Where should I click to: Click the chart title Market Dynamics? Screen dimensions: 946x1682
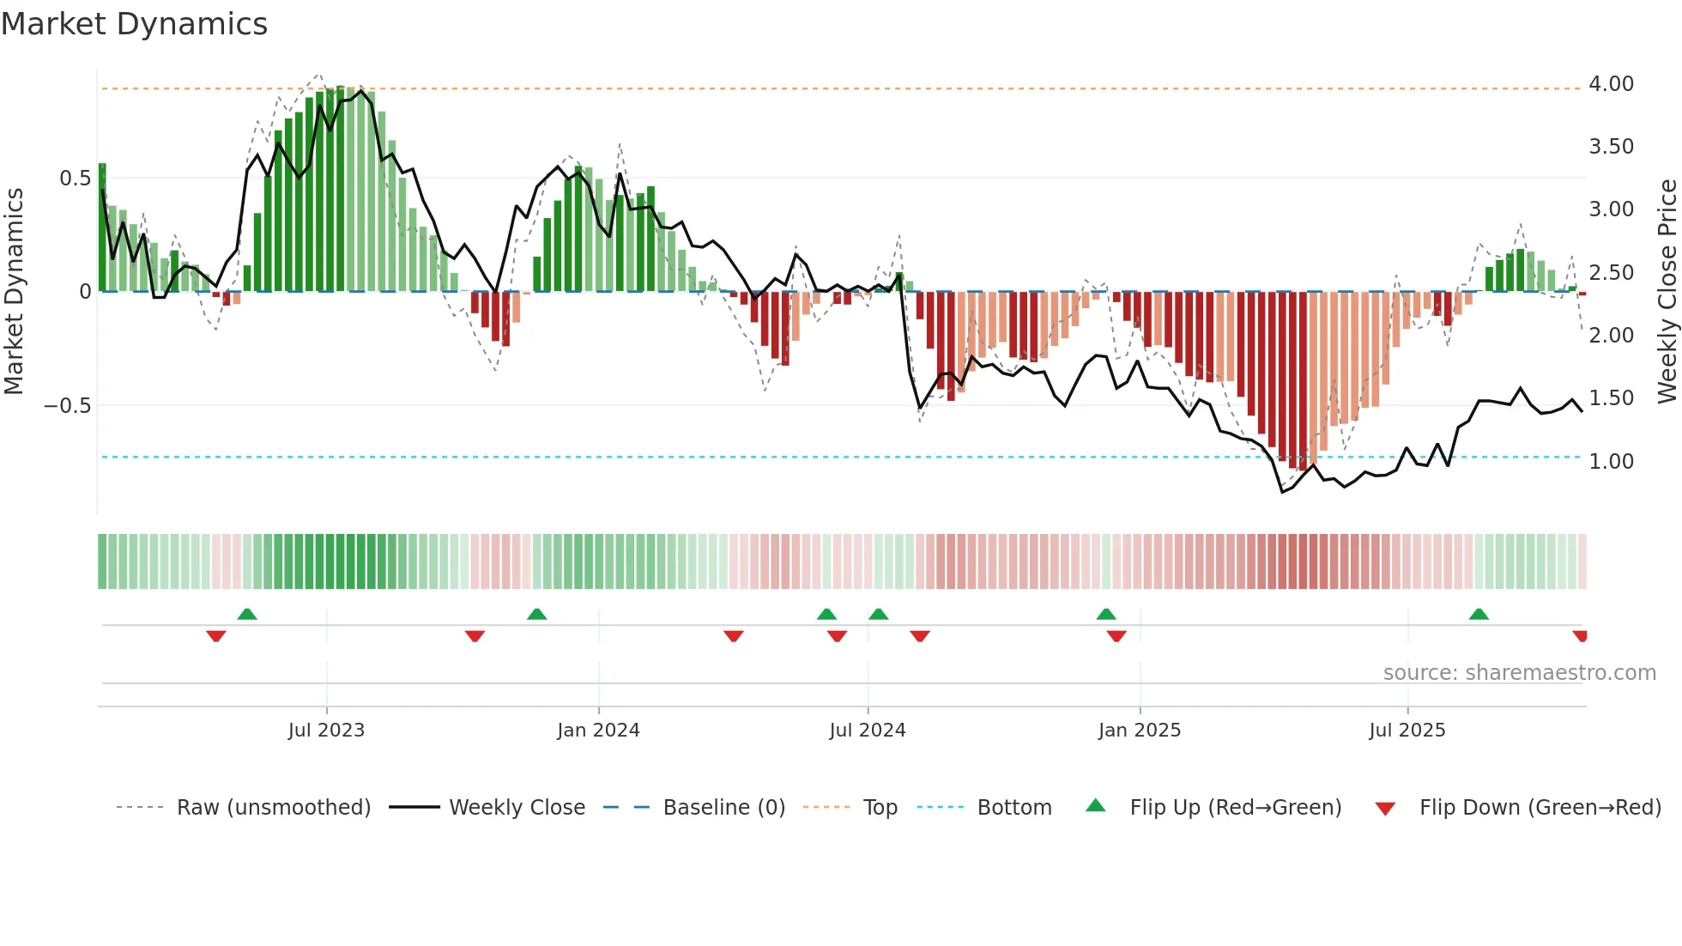click(x=134, y=24)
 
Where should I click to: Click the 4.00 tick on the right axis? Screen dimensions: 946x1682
click(x=1611, y=84)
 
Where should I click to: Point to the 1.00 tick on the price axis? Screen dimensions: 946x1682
click(x=1611, y=462)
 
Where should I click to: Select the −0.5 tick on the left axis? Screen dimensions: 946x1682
click(x=67, y=405)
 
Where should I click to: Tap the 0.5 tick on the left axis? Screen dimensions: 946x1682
click(x=75, y=179)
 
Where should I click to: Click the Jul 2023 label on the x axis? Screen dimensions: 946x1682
click(x=326, y=731)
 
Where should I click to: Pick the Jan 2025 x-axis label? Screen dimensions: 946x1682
click(x=1139, y=731)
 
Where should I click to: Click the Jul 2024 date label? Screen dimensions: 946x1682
click(x=867, y=731)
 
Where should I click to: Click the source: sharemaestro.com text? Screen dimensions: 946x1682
click(x=1519, y=673)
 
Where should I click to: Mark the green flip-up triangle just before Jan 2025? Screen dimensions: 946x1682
click(x=1106, y=614)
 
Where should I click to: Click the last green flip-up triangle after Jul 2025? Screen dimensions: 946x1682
click(x=1478, y=614)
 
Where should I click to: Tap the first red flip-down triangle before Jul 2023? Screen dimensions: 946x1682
click(x=216, y=636)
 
